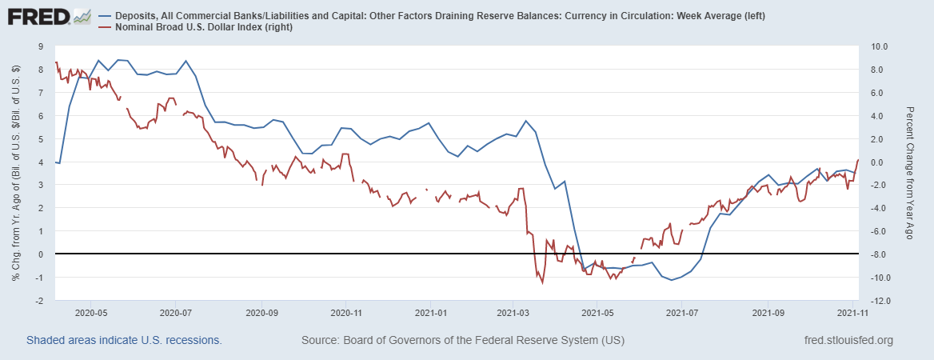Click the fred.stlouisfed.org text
click(x=848, y=341)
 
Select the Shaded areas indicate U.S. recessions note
click(x=124, y=341)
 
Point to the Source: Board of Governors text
click(x=462, y=341)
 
